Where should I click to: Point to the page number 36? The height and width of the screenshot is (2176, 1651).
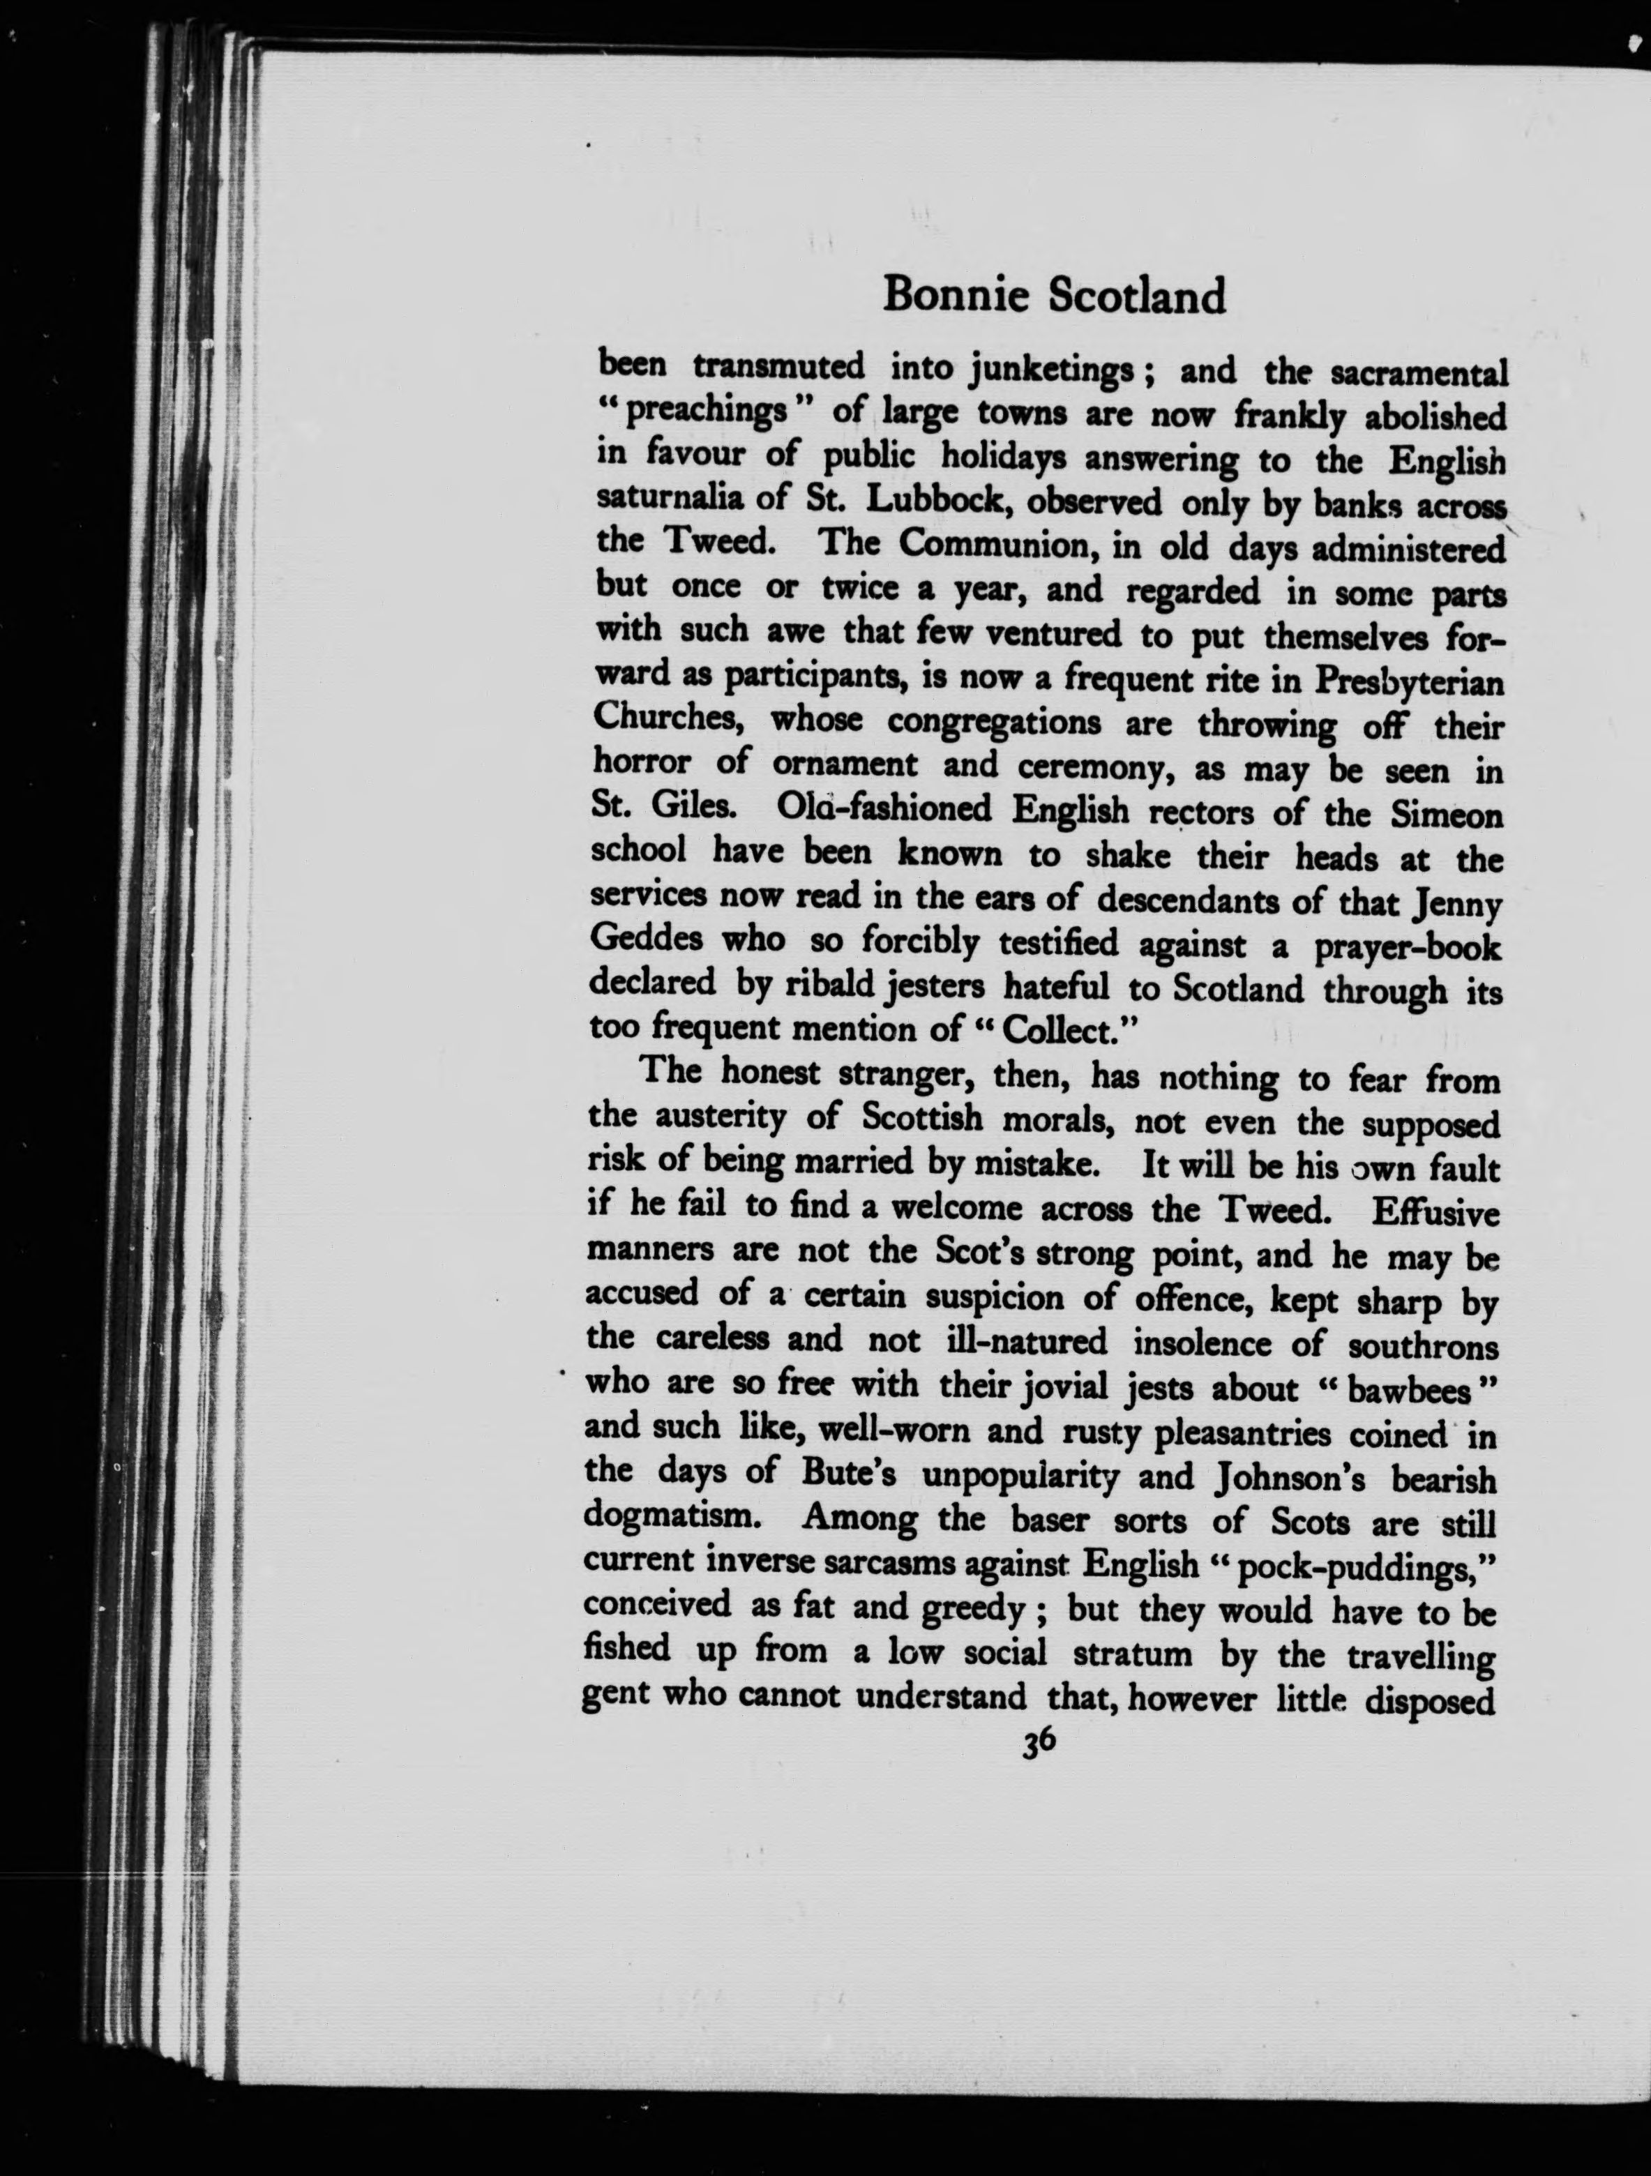(x=1039, y=1769)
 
